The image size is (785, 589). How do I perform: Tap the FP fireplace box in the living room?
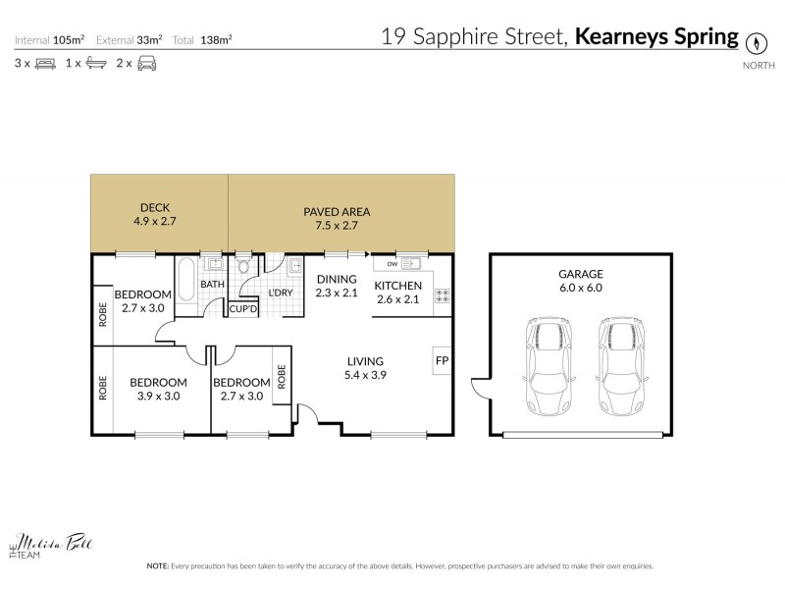click(442, 361)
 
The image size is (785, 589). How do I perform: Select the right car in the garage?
click(618, 367)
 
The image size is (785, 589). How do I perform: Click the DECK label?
click(155, 207)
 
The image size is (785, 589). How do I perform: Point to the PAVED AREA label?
click(337, 211)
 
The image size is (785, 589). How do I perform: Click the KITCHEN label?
click(397, 286)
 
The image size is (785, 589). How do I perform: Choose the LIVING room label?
click(363, 361)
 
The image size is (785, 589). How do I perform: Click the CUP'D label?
click(242, 309)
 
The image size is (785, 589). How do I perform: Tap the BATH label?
click(212, 285)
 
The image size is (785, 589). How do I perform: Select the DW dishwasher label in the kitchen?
click(392, 264)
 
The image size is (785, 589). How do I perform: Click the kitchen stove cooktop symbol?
click(442, 294)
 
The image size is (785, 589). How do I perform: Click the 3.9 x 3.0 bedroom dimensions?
click(159, 397)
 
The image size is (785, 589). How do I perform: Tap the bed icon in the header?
click(44, 64)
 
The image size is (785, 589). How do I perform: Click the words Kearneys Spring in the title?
click(656, 37)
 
